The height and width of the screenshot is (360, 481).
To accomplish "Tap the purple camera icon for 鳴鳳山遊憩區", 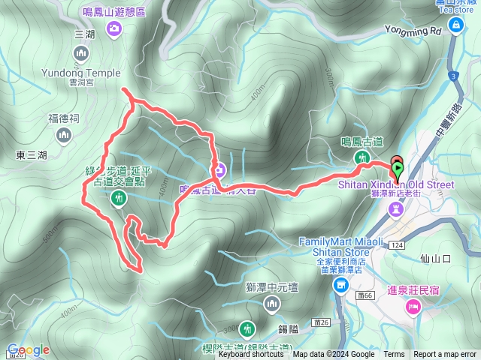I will pos(114,28).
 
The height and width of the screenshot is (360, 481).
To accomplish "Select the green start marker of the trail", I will pos(397,169).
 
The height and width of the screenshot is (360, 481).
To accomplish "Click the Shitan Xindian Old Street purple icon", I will pos(395,212).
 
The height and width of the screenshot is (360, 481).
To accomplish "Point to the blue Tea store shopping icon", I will pos(455,25).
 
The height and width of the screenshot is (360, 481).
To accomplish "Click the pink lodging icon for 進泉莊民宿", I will pos(412,307).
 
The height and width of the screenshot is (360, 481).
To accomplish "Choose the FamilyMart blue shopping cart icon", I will pos(340,285).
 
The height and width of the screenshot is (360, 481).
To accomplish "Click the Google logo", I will pos(28,349).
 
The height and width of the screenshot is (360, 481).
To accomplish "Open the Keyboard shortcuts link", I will pos(251,355).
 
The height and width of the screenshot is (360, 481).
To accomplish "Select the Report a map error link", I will pos(446,355).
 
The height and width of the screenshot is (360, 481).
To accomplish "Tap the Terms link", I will pos(394,355).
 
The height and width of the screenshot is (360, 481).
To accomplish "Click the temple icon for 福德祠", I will pos(62,134).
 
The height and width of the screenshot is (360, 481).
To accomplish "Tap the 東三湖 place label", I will pos(31,155).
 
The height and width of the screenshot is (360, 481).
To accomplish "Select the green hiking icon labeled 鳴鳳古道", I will pos(362,157).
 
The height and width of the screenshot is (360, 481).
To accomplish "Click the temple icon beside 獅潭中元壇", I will pos(272,302).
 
